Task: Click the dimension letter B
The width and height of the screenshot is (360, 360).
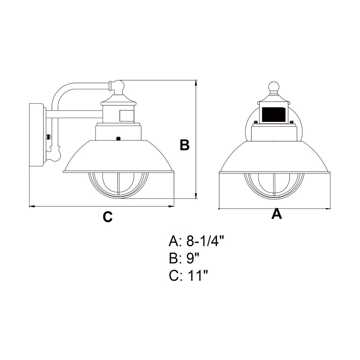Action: [184, 145]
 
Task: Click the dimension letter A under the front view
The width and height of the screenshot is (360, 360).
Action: [276, 214]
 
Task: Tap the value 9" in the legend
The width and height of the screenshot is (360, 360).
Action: [193, 258]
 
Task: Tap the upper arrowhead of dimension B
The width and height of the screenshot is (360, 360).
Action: [196, 83]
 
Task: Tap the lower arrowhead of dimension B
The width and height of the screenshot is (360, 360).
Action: [196, 196]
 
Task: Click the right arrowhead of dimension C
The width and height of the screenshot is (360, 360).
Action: [172, 206]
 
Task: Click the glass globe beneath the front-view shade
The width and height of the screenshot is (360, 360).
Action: [275, 185]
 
